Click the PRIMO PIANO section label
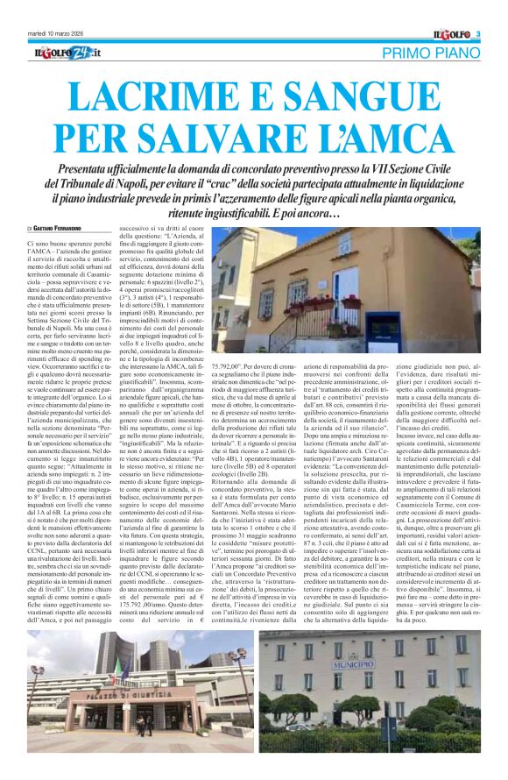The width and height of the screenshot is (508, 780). (434, 54)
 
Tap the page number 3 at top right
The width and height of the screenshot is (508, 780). (479, 34)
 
